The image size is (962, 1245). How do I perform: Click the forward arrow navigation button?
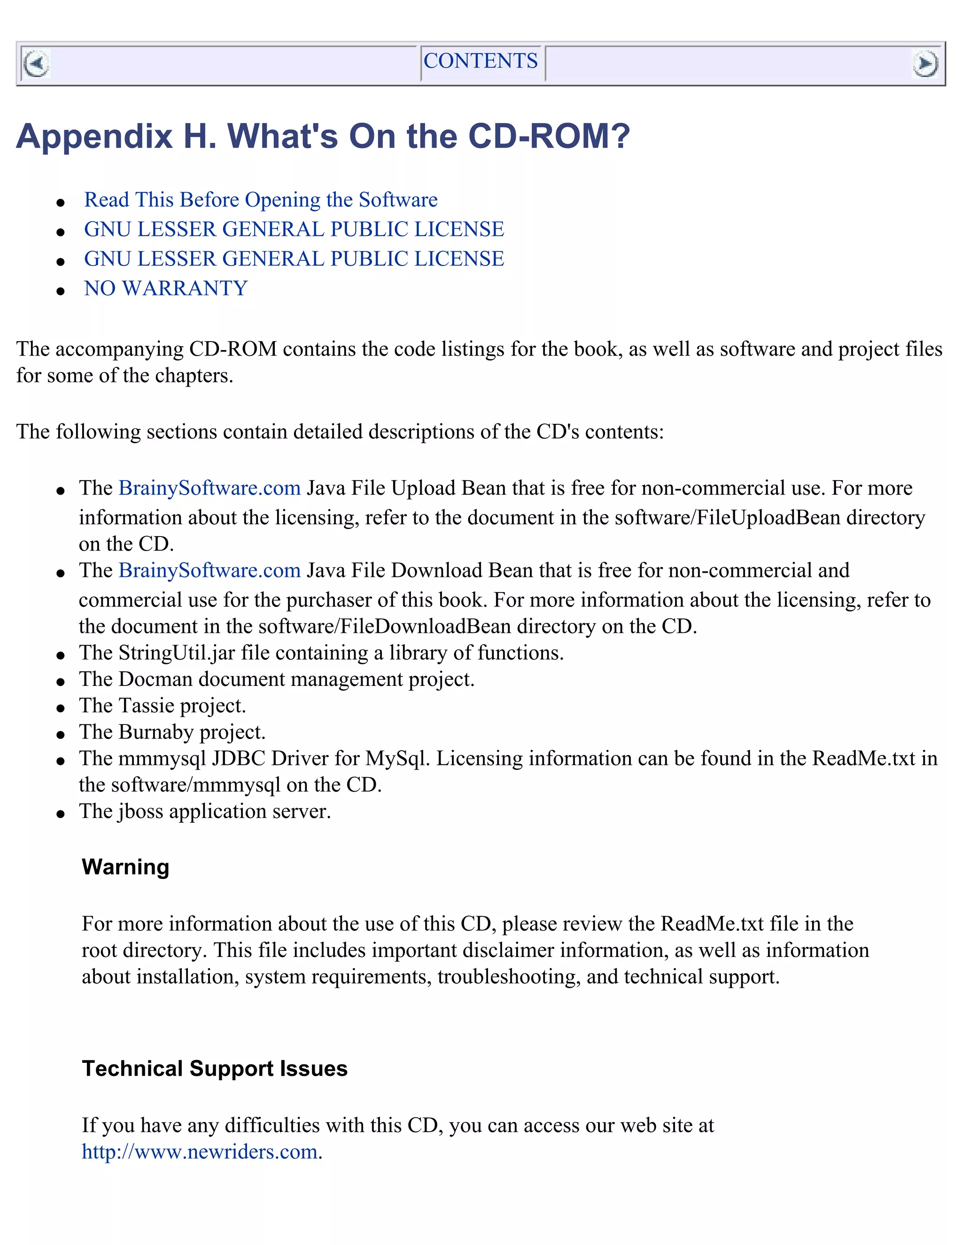[x=924, y=63]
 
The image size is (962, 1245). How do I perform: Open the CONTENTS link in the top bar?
[x=481, y=61]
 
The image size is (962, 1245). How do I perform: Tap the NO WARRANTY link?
[x=166, y=288]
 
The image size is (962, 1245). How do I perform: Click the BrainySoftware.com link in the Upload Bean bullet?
[x=209, y=489]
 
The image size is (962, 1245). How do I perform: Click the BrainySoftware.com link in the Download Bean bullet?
[x=209, y=571]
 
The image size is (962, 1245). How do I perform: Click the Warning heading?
[x=125, y=867]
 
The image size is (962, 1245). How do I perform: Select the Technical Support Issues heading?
[x=214, y=1068]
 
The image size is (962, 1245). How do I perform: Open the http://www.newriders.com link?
[x=200, y=1152]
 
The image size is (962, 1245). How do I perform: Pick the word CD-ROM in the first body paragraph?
[x=233, y=349]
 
